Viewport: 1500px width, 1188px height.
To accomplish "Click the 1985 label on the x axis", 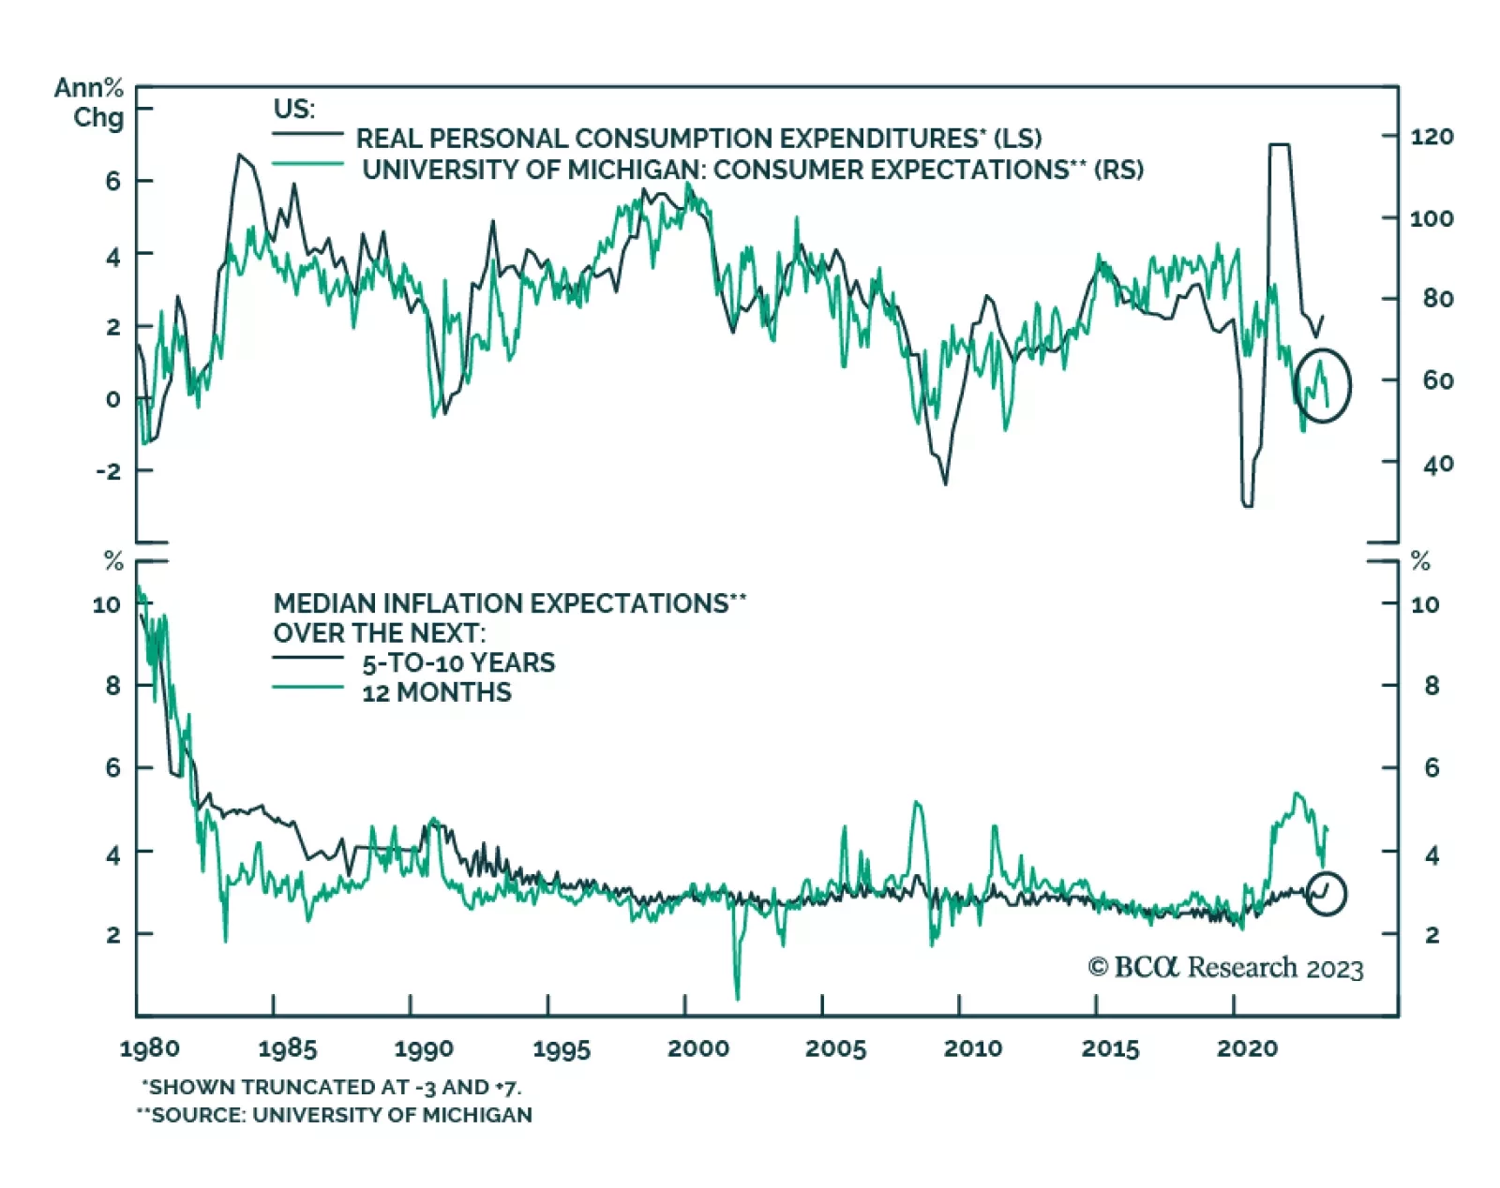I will coord(287,1048).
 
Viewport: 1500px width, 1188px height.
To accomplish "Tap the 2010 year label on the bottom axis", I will coord(972,1048).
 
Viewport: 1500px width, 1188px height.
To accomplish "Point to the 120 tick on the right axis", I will coord(1431,137).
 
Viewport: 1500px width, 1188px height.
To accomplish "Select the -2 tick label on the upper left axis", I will coord(109,471).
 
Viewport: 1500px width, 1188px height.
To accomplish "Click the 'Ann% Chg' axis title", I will coord(91,102).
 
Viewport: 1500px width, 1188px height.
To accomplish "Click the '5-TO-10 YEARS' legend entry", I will coord(458,663).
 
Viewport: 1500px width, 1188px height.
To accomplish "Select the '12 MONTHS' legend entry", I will coord(437,693).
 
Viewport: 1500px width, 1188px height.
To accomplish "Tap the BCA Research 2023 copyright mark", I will coord(1225,968).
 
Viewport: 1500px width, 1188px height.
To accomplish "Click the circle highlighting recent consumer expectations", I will coord(1323,385).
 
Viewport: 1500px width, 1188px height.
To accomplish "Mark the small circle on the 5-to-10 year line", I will coord(1326,894).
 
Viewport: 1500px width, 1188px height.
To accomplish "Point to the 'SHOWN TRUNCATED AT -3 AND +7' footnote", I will coord(333,1087).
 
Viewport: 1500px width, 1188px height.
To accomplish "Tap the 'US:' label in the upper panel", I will coord(293,109).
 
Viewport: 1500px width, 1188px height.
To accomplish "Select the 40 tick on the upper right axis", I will coord(1431,464).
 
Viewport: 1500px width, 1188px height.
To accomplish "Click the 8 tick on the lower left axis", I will coord(112,686).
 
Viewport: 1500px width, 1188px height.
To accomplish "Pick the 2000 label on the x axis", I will coord(697,1048).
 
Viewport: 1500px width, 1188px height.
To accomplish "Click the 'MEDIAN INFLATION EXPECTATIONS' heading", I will coord(509,603).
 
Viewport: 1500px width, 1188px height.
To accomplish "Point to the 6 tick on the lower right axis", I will coord(1431,768).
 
